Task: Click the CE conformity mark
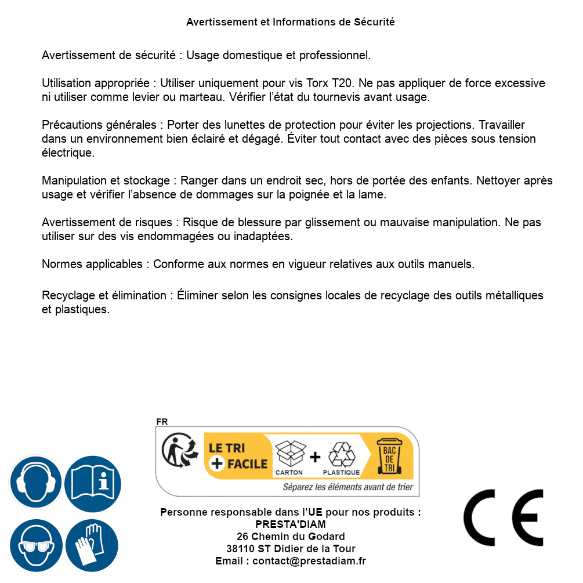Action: tap(504, 517)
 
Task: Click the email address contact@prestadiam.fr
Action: tap(309, 561)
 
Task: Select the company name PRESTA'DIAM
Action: tap(291, 524)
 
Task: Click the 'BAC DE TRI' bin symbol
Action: tap(389, 456)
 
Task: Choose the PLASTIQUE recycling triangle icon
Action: tap(341, 455)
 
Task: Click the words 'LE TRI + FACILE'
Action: tap(238, 456)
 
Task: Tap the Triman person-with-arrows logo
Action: tap(179, 451)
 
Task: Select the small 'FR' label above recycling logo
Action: tap(162, 422)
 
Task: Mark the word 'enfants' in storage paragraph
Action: tap(451, 180)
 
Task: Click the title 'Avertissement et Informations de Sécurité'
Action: tap(291, 22)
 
